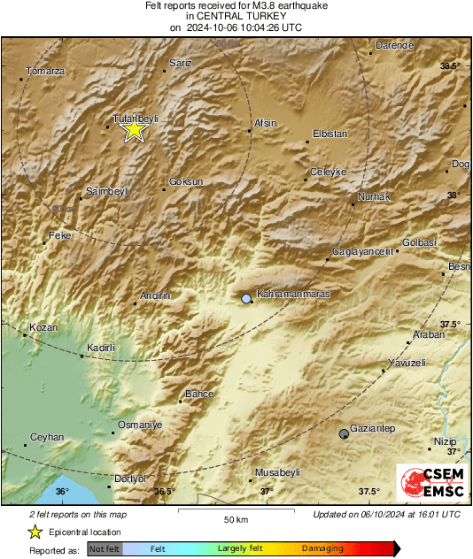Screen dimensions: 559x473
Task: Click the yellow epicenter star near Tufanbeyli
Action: tap(134, 130)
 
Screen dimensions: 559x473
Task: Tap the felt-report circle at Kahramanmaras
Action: tap(246, 300)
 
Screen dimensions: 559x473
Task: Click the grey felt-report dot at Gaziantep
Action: tap(344, 433)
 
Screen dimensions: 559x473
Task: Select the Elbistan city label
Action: tap(330, 134)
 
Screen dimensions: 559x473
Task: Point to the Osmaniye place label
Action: tap(141, 425)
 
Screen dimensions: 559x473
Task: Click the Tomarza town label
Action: tap(45, 72)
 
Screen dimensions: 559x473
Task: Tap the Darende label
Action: tap(395, 45)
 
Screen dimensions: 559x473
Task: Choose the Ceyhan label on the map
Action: tap(47, 437)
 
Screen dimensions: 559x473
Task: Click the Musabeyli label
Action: tap(277, 472)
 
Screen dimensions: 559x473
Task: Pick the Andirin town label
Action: tap(155, 295)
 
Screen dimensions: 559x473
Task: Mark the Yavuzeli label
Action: tap(407, 363)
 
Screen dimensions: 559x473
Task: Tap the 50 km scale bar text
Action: tap(235, 519)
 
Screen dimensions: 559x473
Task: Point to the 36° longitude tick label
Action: tap(62, 492)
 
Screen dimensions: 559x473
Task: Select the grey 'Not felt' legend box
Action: tap(104, 549)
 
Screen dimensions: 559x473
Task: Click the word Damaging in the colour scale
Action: tap(322, 549)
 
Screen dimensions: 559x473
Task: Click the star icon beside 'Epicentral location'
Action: tap(35, 532)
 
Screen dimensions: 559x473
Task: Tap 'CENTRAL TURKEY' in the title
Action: tap(236, 16)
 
